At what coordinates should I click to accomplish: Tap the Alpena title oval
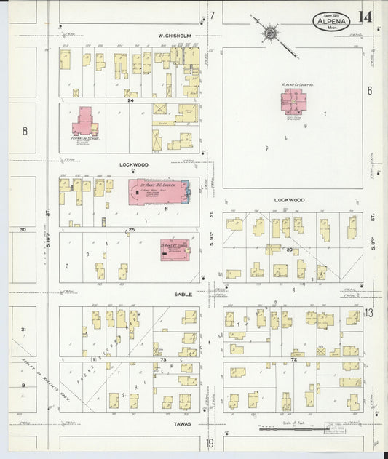[332, 23]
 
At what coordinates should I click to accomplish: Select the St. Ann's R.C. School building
[174, 249]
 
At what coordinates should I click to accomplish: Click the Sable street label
[181, 294]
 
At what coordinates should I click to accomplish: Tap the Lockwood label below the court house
[289, 199]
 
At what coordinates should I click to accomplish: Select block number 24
[131, 100]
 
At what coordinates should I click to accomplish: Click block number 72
[294, 359]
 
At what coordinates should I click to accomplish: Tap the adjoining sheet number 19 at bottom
[210, 443]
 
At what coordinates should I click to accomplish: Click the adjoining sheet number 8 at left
[24, 131]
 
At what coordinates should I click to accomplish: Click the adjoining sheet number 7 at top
[213, 15]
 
